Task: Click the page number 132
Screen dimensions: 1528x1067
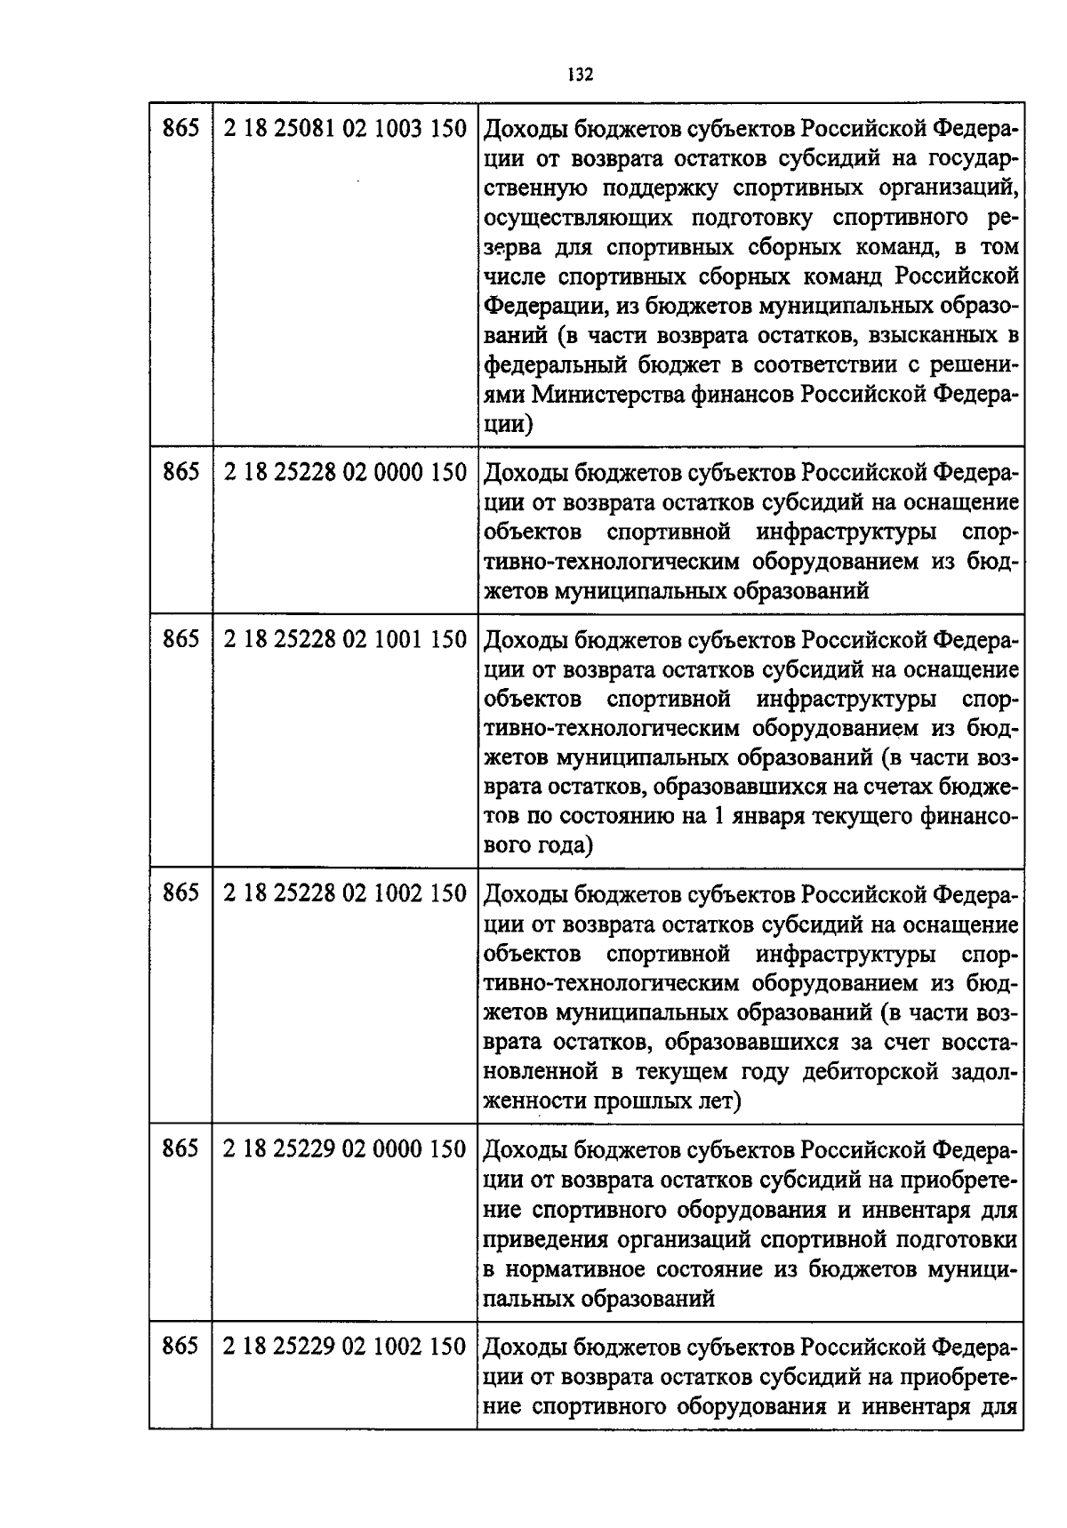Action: click(581, 74)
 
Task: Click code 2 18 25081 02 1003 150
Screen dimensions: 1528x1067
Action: click(345, 130)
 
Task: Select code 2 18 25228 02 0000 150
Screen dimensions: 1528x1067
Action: click(345, 473)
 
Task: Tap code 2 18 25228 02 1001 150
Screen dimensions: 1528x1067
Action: click(345, 640)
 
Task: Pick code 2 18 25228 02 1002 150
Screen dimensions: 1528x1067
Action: click(345, 894)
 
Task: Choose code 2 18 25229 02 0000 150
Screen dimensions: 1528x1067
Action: click(345, 1150)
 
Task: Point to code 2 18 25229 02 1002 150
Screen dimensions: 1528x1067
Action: click(345, 1348)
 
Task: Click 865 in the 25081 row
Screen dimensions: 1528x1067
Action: click(181, 130)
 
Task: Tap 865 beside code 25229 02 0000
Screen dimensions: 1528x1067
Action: click(181, 1150)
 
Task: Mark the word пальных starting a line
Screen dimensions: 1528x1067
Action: click(528, 1299)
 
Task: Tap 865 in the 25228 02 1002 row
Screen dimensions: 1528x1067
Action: click(181, 894)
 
